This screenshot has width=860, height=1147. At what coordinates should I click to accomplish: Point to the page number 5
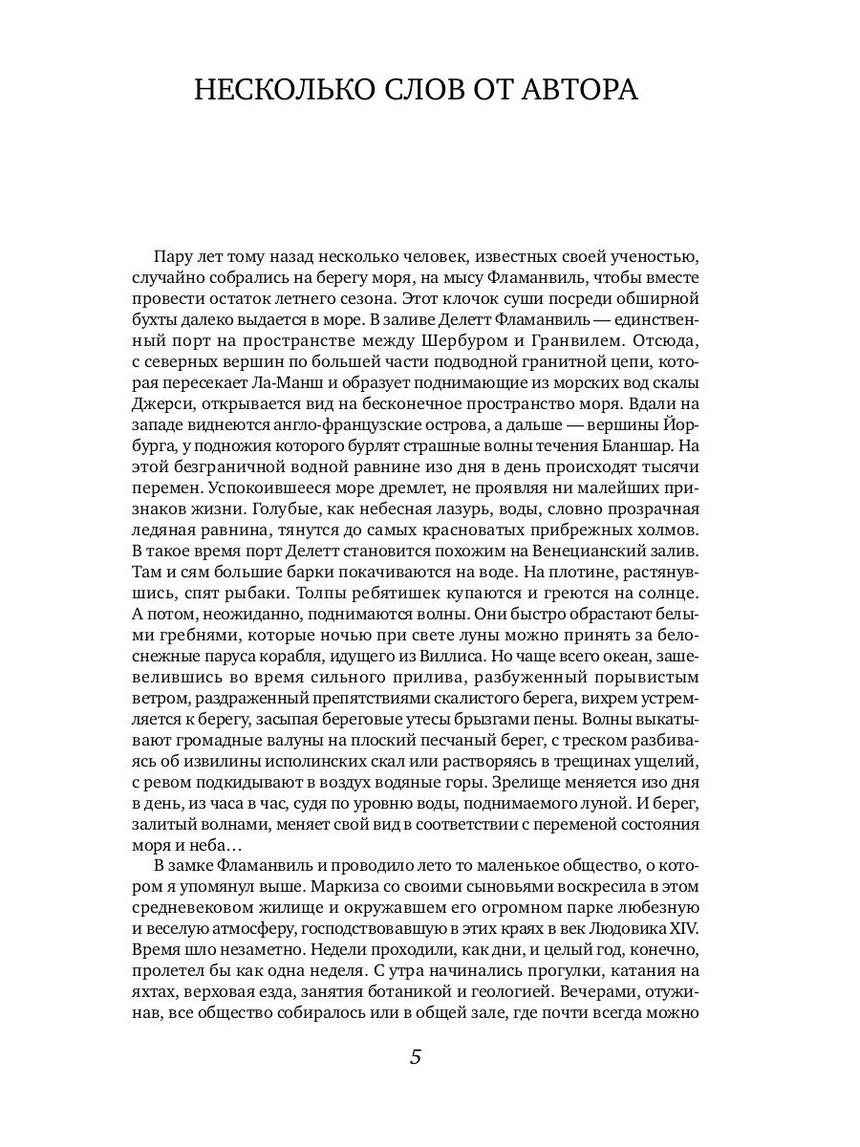(416, 1056)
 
